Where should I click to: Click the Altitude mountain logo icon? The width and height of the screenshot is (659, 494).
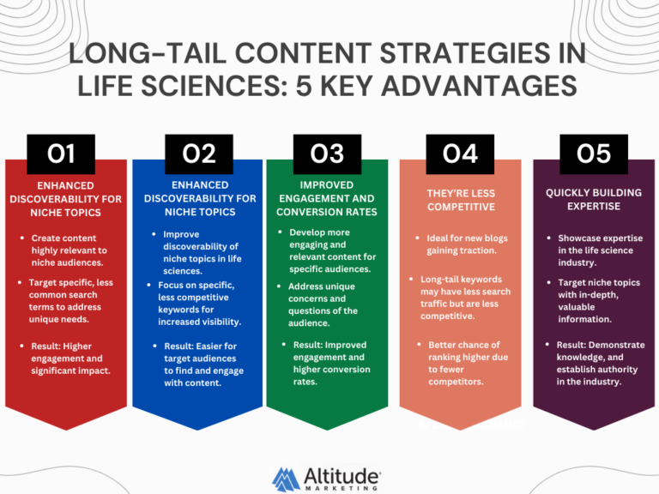tap(286, 476)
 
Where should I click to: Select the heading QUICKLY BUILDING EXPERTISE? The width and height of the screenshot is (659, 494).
tap(594, 200)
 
